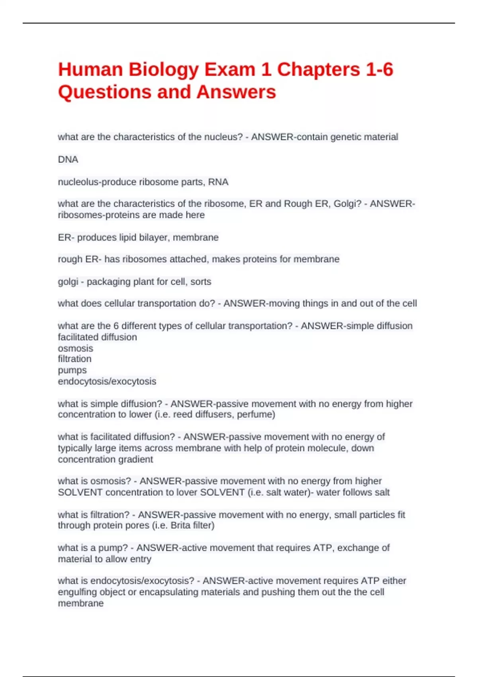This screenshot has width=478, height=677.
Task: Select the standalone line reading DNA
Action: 68,160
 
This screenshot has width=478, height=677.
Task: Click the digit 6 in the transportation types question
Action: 116,326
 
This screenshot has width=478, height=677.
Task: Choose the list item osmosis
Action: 75,348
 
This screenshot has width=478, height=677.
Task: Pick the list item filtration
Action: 74,359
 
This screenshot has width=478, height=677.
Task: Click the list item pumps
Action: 72,370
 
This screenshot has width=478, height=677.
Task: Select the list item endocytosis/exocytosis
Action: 107,382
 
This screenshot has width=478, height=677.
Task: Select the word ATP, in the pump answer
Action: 324,548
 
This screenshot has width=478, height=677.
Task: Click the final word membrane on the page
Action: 80,603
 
